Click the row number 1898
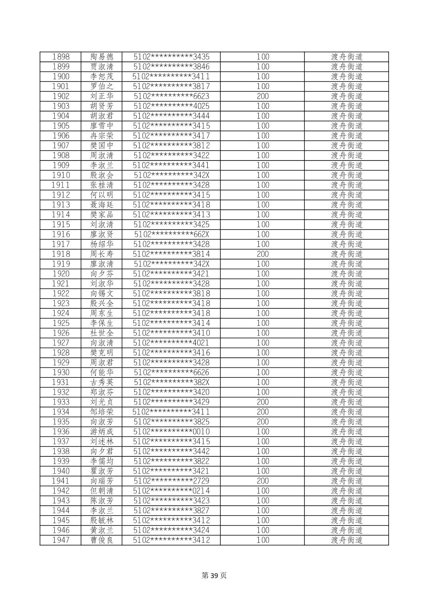coord(61,57)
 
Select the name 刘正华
coord(102,96)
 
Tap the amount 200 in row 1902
coord(262,96)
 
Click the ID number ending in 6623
coord(171,96)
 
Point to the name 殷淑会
coord(102,175)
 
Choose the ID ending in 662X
coord(171,234)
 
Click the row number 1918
coord(61,254)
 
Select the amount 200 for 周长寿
coord(262,254)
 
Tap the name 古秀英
coord(102,382)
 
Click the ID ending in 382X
coord(171,382)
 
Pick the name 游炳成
coord(102,432)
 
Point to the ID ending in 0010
coord(171,432)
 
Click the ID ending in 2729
coord(171,481)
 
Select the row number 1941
coord(61,481)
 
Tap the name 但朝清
coord(102,491)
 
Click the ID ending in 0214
coord(171,491)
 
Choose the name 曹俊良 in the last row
coord(102,540)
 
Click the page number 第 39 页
coord(214,575)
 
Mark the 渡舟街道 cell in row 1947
coord(346,540)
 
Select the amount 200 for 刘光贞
coord(262,402)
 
